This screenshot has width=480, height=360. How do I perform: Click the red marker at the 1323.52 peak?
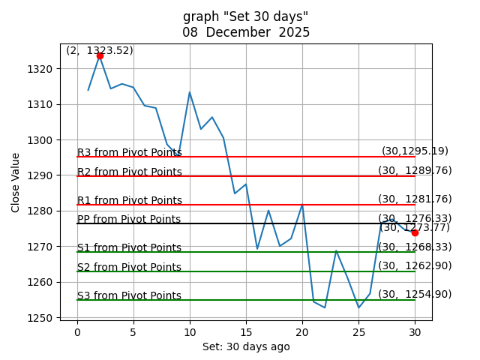100,55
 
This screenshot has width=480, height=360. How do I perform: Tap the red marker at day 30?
415,232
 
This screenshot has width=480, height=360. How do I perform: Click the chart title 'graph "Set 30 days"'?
245,16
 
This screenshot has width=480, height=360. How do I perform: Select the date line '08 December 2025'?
245,33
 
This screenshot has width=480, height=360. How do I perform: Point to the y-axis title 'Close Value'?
16,182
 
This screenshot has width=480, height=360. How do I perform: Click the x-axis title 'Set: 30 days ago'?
246,346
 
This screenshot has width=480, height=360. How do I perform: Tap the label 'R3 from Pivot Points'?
129,153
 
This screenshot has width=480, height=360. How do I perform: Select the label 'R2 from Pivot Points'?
129,172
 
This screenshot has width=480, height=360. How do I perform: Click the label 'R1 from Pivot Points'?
129,201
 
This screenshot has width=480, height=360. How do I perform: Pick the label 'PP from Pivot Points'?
129,220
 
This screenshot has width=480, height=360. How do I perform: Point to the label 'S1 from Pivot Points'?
129,248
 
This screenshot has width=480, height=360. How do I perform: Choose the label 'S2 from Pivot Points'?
129,268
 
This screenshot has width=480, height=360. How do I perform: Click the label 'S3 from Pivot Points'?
129,296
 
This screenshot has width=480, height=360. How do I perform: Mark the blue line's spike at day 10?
190,92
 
